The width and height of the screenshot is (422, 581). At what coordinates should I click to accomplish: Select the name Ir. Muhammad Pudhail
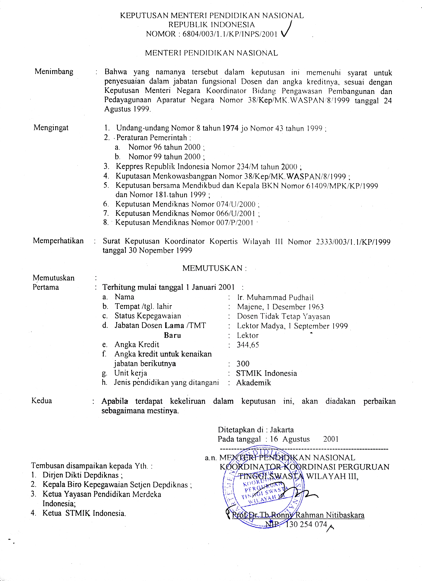[275, 297]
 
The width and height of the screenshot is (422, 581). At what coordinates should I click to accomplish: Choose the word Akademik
[253, 383]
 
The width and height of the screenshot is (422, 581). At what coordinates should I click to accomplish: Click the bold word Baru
[172, 335]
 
